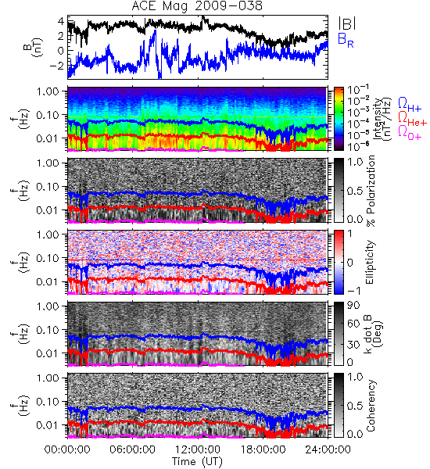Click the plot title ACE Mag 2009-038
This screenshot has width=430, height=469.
pos(197,6)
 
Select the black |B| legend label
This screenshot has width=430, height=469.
pos(347,23)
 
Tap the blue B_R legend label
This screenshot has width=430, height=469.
pos(346,40)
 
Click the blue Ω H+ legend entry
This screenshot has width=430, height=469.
pos(410,105)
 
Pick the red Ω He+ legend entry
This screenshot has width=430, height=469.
pos(412,119)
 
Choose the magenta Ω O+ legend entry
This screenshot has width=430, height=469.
pos(410,133)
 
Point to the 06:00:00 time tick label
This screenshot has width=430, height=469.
pos(132,449)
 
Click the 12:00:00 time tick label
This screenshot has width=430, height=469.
pos(198,449)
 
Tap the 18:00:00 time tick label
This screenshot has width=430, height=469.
pos(263,449)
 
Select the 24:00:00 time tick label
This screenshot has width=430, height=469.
pos(328,449)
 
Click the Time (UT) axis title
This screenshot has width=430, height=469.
pos(198,461)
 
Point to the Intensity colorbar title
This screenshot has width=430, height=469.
pos(383,119)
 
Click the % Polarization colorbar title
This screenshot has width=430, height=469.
pos(371,191)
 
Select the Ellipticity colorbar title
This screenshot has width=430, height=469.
pos(370,262)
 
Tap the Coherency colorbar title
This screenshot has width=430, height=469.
pos(371,406)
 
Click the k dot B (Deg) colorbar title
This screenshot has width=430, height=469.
pos(373,334)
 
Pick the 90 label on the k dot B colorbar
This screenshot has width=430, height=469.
pos(353,305)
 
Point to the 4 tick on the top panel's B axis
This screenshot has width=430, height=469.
pos(61,21)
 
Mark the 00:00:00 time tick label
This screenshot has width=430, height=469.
pos(67,449)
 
